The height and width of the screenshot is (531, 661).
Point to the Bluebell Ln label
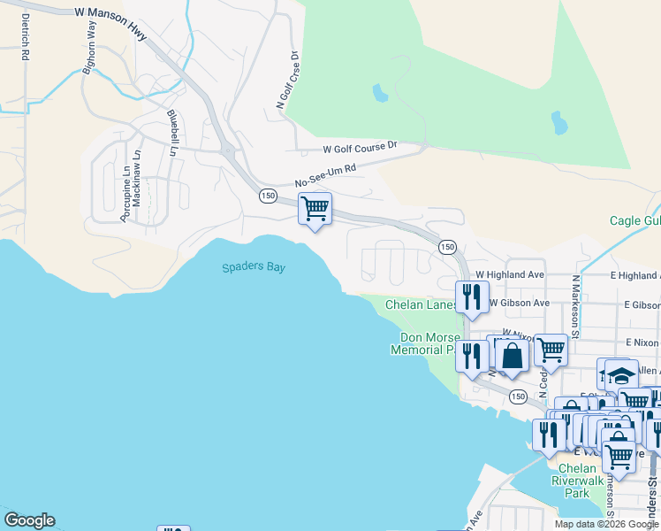tap(172, 129)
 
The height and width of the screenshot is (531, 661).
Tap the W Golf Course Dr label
tap(361, 148)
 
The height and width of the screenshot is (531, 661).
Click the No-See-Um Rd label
tap(325, 174)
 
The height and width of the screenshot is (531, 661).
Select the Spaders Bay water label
tap(254, 267)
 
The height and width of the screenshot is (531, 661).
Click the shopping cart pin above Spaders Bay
tap(315, 209)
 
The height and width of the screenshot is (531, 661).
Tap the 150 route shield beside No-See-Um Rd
tap(268, 196)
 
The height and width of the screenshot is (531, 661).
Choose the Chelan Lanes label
tap(421, 305)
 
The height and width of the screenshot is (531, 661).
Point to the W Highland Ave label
tap(509, 275)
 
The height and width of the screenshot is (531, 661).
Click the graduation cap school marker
tap(621, 374)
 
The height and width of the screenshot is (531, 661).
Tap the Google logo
tap(29, 520)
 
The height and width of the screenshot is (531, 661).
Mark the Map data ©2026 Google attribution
tap(605, 524)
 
